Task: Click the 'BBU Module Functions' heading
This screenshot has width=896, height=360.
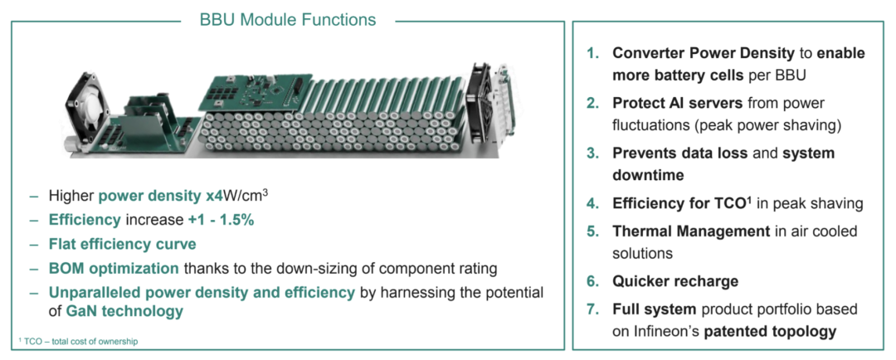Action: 287,19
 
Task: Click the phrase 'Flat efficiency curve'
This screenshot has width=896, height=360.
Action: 123,244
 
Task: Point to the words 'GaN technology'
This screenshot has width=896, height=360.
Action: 124,311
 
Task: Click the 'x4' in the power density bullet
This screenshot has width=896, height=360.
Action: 215,197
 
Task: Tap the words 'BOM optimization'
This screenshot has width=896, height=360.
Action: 114,268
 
